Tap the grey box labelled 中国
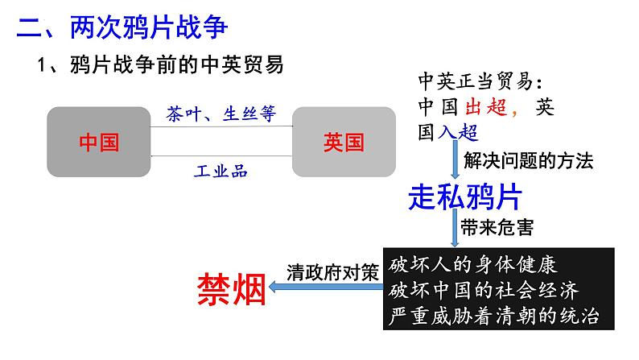point(99,143)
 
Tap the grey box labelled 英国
point(344,143)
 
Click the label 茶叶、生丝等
point(221,114)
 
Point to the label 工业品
point(221,170)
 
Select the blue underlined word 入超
point(458,132)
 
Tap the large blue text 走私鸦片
point(466,197)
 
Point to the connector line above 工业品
point(221,155)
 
